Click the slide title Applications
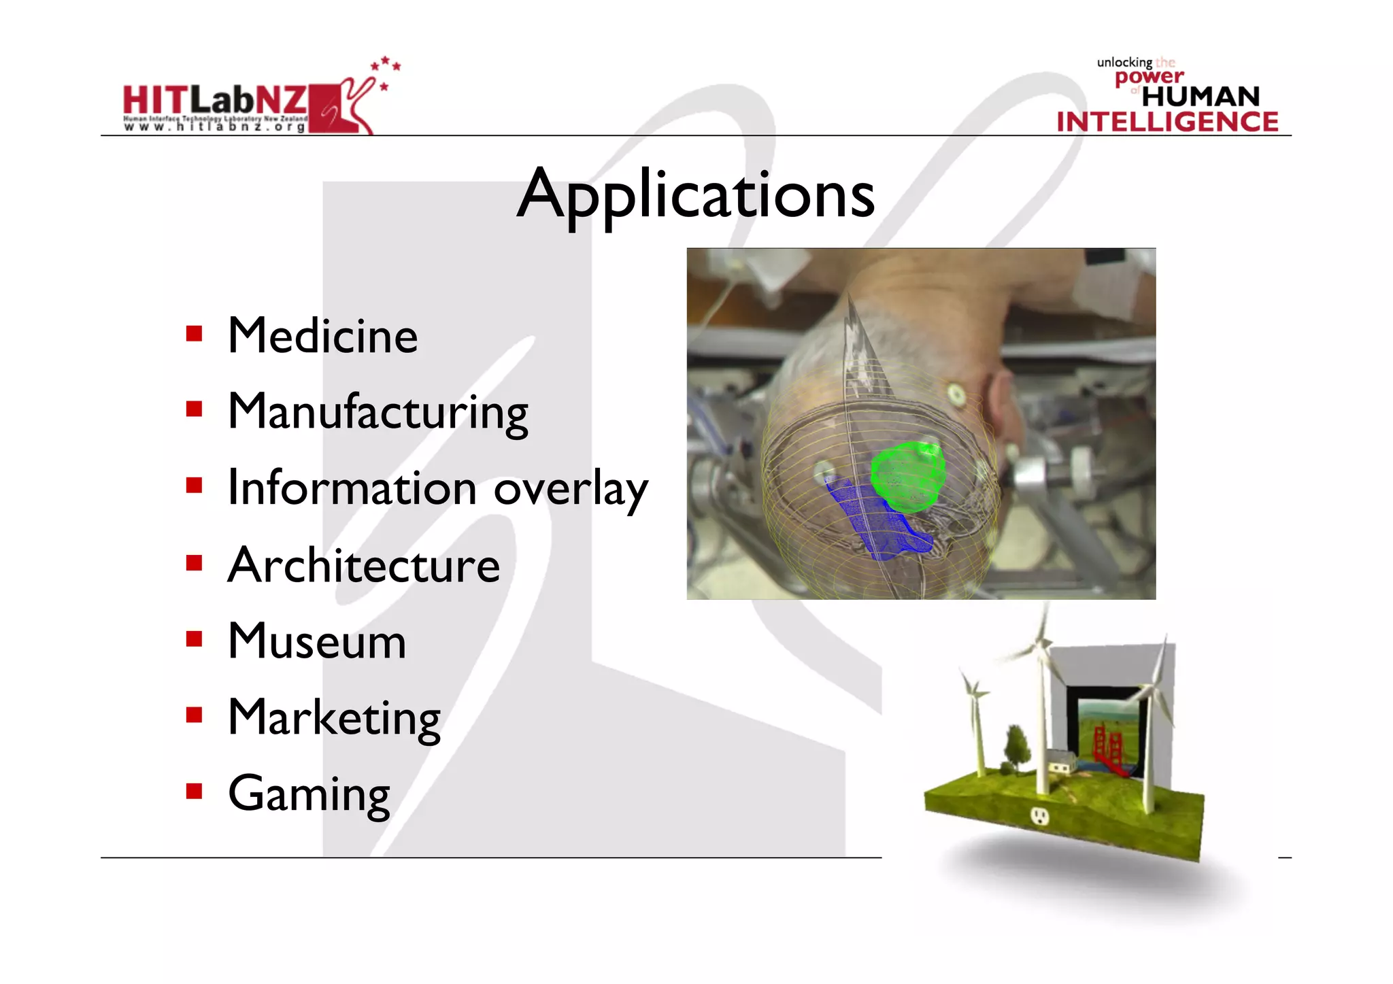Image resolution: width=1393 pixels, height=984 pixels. [696, 195]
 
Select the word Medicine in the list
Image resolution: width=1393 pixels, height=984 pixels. [322, 336]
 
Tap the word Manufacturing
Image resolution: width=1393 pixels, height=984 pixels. [377, 412]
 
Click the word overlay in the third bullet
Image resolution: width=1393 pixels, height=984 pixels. [571, 489]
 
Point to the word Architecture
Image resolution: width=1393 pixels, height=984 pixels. [364, 565]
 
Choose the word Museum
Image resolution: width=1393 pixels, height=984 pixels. [317, 641]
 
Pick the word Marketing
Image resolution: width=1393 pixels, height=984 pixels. [334, 718]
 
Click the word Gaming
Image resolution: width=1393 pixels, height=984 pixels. [309, 794]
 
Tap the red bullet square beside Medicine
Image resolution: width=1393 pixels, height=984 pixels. [195, 334]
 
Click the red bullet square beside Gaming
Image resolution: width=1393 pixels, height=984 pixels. [195, 791]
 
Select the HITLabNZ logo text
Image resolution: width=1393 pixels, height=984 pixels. [215, 101]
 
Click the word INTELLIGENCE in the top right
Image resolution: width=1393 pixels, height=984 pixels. [1167, 122]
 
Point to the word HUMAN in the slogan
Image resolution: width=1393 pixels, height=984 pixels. [1201, 97]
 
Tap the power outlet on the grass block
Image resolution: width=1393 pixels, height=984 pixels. [1039, 815]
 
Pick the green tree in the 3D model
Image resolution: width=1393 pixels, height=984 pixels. [1016, 747]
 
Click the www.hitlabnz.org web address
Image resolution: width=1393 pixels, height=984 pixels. [215, 126]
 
